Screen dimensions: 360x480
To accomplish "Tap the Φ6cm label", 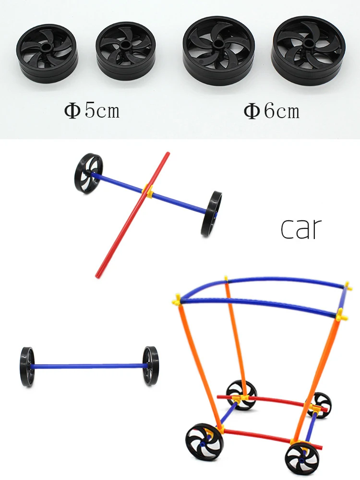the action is click(271, 111).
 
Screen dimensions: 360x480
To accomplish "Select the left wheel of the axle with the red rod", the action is click(88, 173).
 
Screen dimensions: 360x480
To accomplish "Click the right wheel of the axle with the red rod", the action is click(212, 214).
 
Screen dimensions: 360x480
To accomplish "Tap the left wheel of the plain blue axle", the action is click(28, 367).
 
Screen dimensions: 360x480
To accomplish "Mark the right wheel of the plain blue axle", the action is click(151, 365).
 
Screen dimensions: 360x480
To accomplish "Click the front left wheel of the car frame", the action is click(204, 442).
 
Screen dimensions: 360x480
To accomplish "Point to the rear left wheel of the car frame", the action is click(241, 394).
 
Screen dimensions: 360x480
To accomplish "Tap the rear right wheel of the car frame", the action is click(319, 405).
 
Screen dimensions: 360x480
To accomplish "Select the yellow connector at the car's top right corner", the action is click(348, 287).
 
